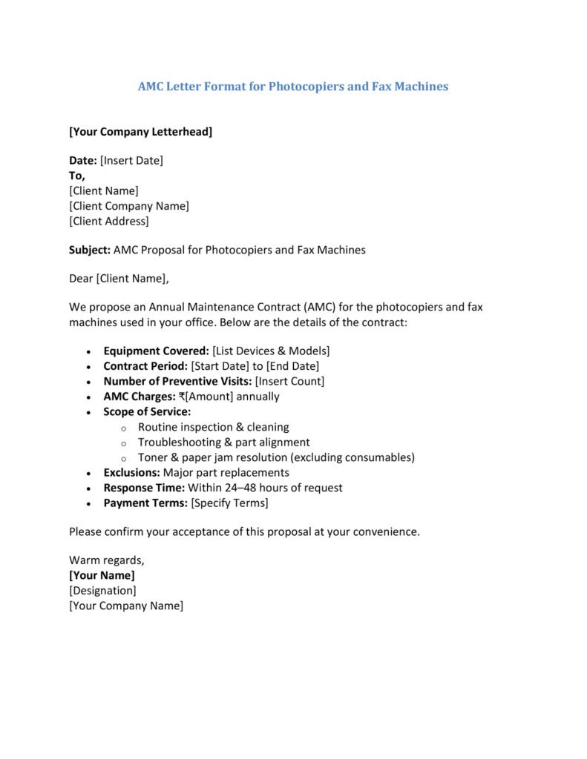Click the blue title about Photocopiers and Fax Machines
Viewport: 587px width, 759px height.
[x=293, y=87]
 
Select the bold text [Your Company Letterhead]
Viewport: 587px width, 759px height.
[x=140, y=132]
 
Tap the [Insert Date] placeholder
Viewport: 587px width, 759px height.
[x=131, y=160]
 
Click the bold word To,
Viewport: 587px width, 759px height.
[x=77, y=176]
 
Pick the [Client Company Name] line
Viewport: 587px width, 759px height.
[x=129, y=206]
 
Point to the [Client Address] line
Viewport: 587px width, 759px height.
[x=109, y=221]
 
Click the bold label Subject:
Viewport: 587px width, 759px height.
[x=90, y=250]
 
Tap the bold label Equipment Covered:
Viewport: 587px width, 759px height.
[x=156, y=351]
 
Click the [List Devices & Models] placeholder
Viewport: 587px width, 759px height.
[x=271, y=351]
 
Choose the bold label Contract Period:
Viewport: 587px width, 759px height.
[x=145, y=366]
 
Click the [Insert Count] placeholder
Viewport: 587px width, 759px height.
[x=289, y=381]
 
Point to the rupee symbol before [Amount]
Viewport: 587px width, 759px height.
[x=183, y=397]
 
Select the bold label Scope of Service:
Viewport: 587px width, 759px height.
[x=147, y=411]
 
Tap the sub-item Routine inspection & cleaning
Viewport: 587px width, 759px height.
[x=214, y=427]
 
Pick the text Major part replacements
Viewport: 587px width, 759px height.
[x=226, y=472]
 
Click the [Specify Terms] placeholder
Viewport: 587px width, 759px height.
[x=229, y=503]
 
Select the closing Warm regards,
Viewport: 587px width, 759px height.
[x=107, y=560]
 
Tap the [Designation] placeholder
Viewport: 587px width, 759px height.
[x=102, y=590]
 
